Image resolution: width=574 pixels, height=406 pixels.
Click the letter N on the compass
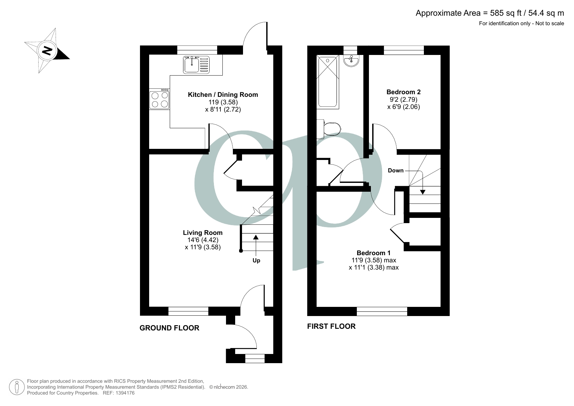(x=48, y=51)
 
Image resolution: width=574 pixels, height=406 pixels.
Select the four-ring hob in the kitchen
(x=160, y=99)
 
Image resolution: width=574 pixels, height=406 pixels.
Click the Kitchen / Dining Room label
(x=223, y=95)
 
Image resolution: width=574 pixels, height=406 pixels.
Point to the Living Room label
(x=202, y=233)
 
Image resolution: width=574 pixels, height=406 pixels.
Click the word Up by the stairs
(x=256, y=261)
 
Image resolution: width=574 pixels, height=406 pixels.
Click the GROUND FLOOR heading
(x=169, y=328)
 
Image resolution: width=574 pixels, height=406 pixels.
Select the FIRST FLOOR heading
(x=331, y=327)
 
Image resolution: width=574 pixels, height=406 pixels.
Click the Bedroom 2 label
(x=403, y=92)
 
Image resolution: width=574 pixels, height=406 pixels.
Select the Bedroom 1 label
(x=374, y=253)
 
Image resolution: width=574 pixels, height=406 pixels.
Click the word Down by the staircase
(x=395, y=170)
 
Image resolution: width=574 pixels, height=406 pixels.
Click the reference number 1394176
(x=124, y=393)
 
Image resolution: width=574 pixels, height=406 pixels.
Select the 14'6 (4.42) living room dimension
(x=202, y=240)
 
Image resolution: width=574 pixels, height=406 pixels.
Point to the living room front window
(x=188, y=311)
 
